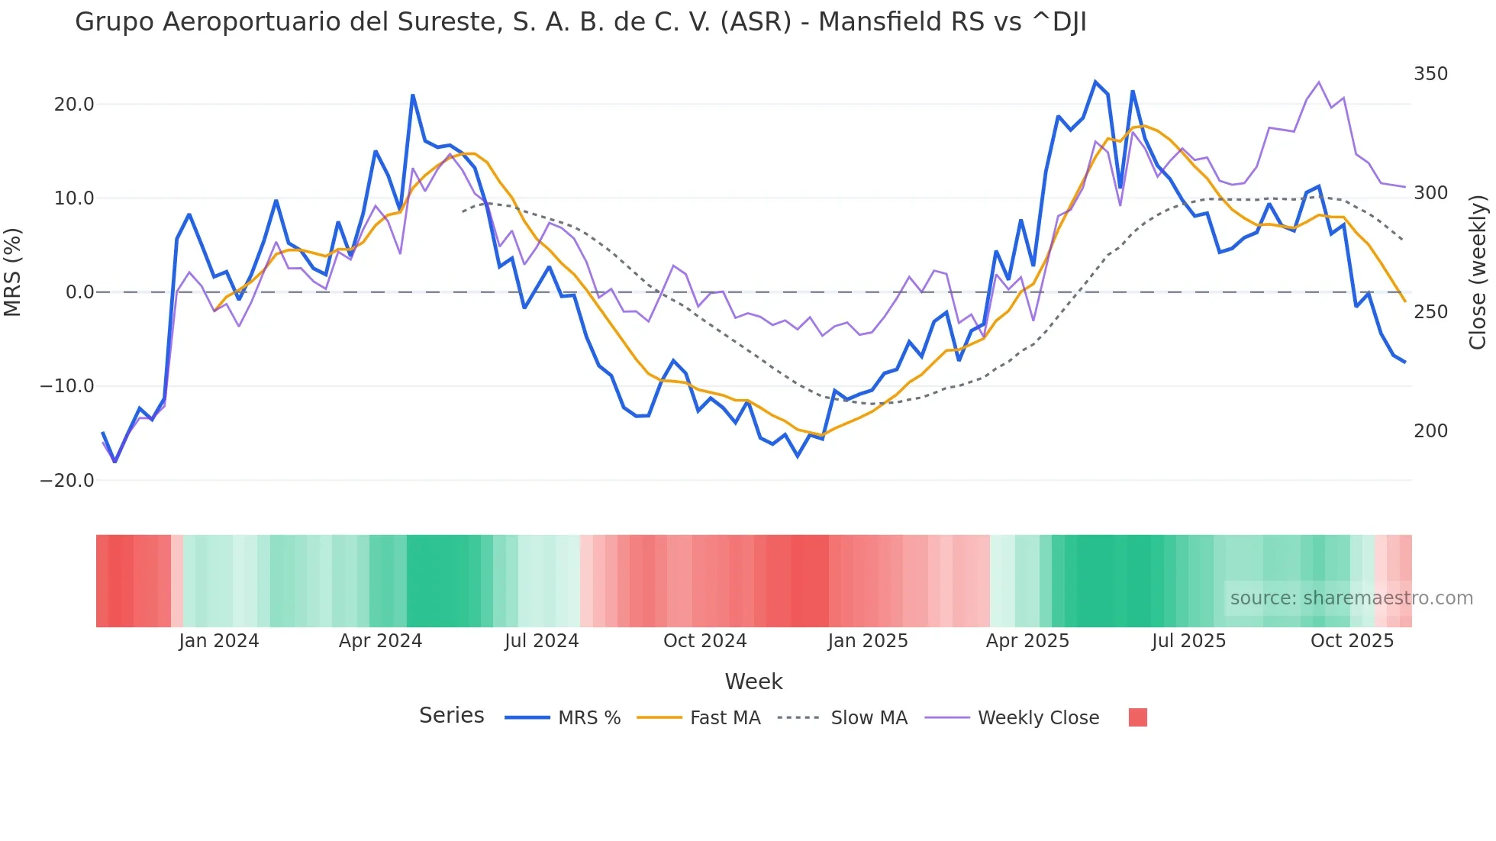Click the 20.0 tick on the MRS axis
[73, 105]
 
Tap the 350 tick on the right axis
[1430, 74]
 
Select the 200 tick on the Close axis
[1430, 431]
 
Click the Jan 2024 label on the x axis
[219, 641]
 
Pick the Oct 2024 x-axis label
[704, 641]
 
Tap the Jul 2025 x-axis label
[1188, 641]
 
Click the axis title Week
[753, 681]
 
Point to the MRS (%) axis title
[13, 272]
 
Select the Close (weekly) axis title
[1478, 272]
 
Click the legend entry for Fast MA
[724, 718]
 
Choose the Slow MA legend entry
[869, 718]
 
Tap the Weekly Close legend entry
[1038, 718]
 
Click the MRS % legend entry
[588, 718]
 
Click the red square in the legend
[1137, 717]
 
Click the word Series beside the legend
[451, 716]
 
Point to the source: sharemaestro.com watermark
[1351, 598]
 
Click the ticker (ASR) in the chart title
[756, 22]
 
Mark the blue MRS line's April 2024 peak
[413, 95]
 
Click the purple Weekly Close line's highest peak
[1318, 82]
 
